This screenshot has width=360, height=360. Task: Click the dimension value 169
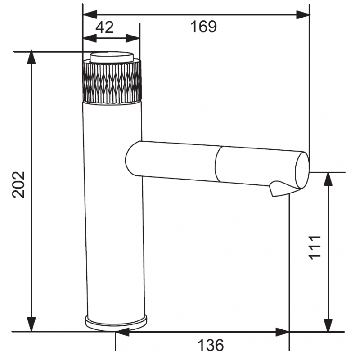click(x=203, y=27)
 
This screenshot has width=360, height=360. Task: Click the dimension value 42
click(x=104, y=27)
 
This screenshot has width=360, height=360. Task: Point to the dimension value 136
click(x=211, y=346)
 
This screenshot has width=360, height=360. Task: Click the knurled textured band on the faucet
click(x=112, y=81)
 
